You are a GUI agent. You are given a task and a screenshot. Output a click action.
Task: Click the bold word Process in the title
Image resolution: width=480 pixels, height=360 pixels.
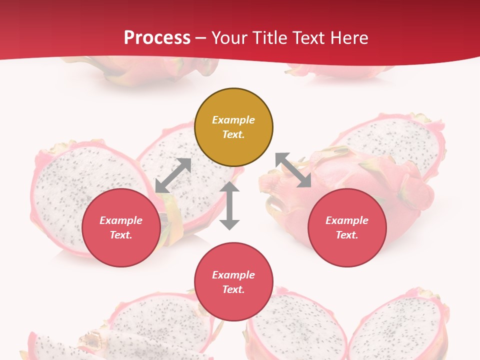pos(157,38)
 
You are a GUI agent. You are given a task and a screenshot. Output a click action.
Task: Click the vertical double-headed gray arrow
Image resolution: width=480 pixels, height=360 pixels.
pos(229,205)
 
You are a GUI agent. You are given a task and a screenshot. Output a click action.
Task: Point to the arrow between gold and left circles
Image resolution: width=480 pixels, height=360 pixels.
pos(173,175)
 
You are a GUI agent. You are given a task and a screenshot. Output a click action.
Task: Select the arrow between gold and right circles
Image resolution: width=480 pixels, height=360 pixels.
pos(293,170)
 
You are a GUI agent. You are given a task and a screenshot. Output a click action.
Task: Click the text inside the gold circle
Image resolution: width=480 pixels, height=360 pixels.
pos(233,127)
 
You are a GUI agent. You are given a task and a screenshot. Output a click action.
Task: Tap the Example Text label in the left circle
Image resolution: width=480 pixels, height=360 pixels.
pos(121,227)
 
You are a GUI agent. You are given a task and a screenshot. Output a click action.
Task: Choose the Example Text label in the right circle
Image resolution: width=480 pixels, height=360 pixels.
pos(347,227)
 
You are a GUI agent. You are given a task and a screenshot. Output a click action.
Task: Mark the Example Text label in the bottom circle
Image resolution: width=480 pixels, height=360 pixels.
pos(233,282)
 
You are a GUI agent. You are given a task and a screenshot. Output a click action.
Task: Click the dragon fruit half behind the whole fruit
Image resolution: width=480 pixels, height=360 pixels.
pos(395,137)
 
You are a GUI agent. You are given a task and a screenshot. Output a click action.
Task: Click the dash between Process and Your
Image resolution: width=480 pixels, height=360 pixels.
pos(201,38)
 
